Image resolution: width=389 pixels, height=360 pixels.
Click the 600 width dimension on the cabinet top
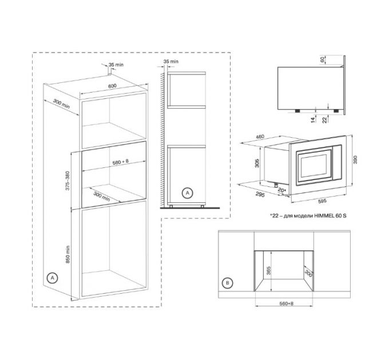pos(112,86)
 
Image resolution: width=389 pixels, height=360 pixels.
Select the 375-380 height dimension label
pos(68,181)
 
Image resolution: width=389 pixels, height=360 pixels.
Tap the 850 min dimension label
pos(68,254)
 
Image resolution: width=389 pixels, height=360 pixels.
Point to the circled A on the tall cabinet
pos(52,278)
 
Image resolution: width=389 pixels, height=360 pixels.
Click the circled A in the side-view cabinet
pos(187,193)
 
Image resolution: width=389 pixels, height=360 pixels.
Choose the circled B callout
pos(228,283)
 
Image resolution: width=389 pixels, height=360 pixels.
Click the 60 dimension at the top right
pos(322,59)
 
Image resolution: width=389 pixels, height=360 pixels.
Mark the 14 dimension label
pos(313,120)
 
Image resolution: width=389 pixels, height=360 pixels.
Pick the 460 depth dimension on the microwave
pos(260,137)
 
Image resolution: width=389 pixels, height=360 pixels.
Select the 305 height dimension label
pos(257,163)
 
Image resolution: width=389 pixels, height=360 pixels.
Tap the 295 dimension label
pos(260,194)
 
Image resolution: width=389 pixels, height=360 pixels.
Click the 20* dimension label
pos(282,190)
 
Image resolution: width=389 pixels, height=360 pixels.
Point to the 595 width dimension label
pos(322,201)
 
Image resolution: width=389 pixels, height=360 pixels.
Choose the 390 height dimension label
pos(355,160)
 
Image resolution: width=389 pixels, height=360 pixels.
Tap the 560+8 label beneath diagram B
pos(286,303)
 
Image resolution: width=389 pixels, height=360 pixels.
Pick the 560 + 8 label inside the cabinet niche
pos(121,162)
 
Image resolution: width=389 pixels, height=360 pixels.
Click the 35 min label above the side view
pos(171,61)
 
